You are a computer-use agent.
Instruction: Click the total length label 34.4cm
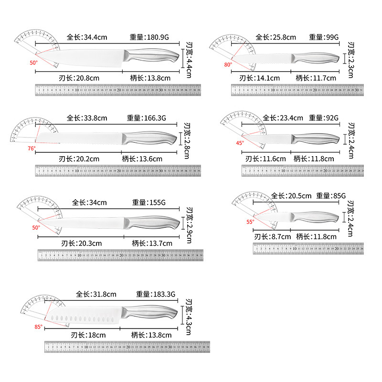tap(87, 37)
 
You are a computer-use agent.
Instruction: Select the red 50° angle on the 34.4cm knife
tap(33, 63)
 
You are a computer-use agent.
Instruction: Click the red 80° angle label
tap(228, 64)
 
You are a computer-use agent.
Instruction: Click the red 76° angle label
tap(32, 149)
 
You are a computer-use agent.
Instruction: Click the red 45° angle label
tap(240, 143)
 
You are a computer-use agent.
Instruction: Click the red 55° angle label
tap(250, 222)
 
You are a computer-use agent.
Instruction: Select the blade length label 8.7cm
tap(272, 236)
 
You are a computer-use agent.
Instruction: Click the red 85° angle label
tap(38, 327)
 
